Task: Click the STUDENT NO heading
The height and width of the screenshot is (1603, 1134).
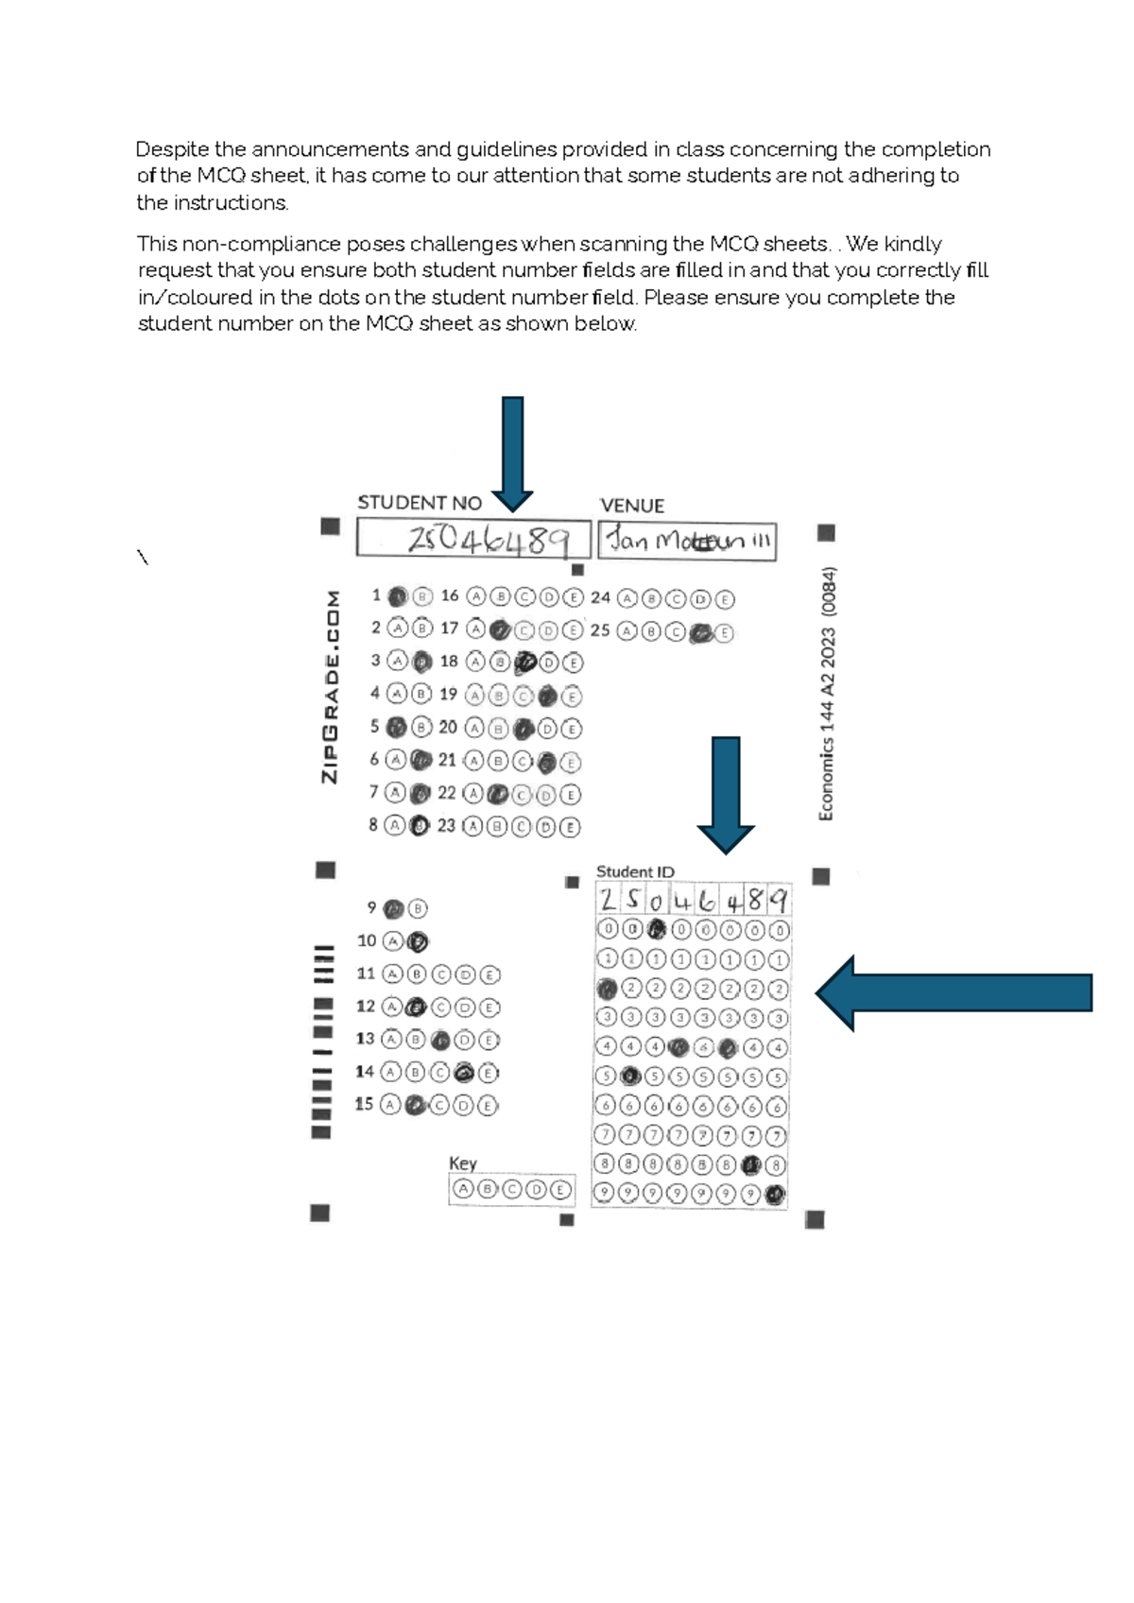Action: (419, 504)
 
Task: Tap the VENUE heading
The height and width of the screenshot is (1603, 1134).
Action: (632, 506)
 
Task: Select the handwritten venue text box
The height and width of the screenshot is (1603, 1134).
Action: (687, 543)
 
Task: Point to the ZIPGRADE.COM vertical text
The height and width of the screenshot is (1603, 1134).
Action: (331, 686)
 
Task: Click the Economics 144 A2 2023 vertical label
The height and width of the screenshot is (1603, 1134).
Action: (827, 693)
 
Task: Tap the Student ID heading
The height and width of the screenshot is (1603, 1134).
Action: (635, 871)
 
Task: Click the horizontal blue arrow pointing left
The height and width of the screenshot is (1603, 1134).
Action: (954, 992)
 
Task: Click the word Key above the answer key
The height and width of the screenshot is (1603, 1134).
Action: (463, 1163)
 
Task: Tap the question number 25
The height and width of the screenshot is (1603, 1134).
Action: (600, 630)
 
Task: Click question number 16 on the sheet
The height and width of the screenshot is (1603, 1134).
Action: (450, 595)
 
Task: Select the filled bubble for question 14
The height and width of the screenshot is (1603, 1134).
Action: (463, 1073)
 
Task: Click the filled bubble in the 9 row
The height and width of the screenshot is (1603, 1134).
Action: (776, 1195)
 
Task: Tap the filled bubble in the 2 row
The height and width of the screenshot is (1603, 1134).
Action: (607, 990)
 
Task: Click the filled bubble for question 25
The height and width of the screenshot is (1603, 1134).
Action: (700, 633)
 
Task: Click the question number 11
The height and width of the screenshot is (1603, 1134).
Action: (366, 974)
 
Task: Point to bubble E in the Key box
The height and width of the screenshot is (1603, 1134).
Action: (560, 1190)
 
